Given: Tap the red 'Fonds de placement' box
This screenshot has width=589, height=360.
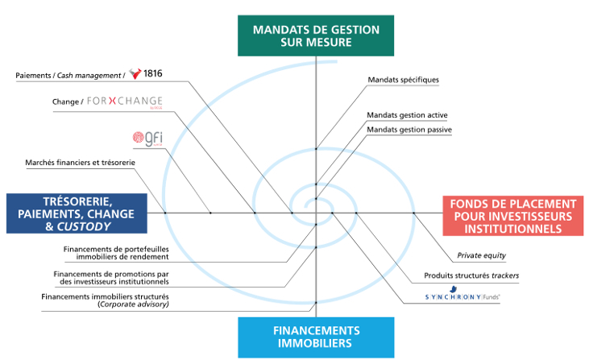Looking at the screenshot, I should pyautogui.click(x=513, y=216).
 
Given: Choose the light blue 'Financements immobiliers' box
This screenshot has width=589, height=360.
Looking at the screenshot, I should pyautogui.click(x=316, y=337).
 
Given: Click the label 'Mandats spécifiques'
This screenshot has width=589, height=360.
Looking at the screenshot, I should pyautogui.click(x=403, y=80).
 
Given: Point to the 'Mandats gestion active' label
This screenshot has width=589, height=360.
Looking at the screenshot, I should pyautogui.click(x=407, y=115).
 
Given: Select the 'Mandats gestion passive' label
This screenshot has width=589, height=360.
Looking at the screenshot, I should pyautogui.click(x=409, y=129).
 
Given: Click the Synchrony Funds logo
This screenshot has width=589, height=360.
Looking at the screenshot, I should pyautogui.click(x=462, y=297).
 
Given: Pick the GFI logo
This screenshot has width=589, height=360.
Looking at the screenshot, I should pyautogui.click(x=150, y=138).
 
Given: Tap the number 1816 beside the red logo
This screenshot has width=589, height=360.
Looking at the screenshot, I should pyautogui.click(x=153, y=74).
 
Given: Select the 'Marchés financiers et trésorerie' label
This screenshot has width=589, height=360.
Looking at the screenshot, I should pyautogui.click(x=80, y=163).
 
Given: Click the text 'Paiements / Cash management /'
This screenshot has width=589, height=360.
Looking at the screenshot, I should pyautogui.click(x=71, y=75).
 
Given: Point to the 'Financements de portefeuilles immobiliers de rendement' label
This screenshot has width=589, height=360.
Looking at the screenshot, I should pyautogui.click(x=116, y=253).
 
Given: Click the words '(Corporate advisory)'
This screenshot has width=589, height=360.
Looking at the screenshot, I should pyautogui.click(x=133, y=304).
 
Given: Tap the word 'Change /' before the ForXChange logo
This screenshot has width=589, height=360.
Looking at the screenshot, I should pyautogui.click(x=64, y=103).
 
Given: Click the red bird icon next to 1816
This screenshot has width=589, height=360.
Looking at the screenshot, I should pyautogui.click(x=135, y=74).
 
